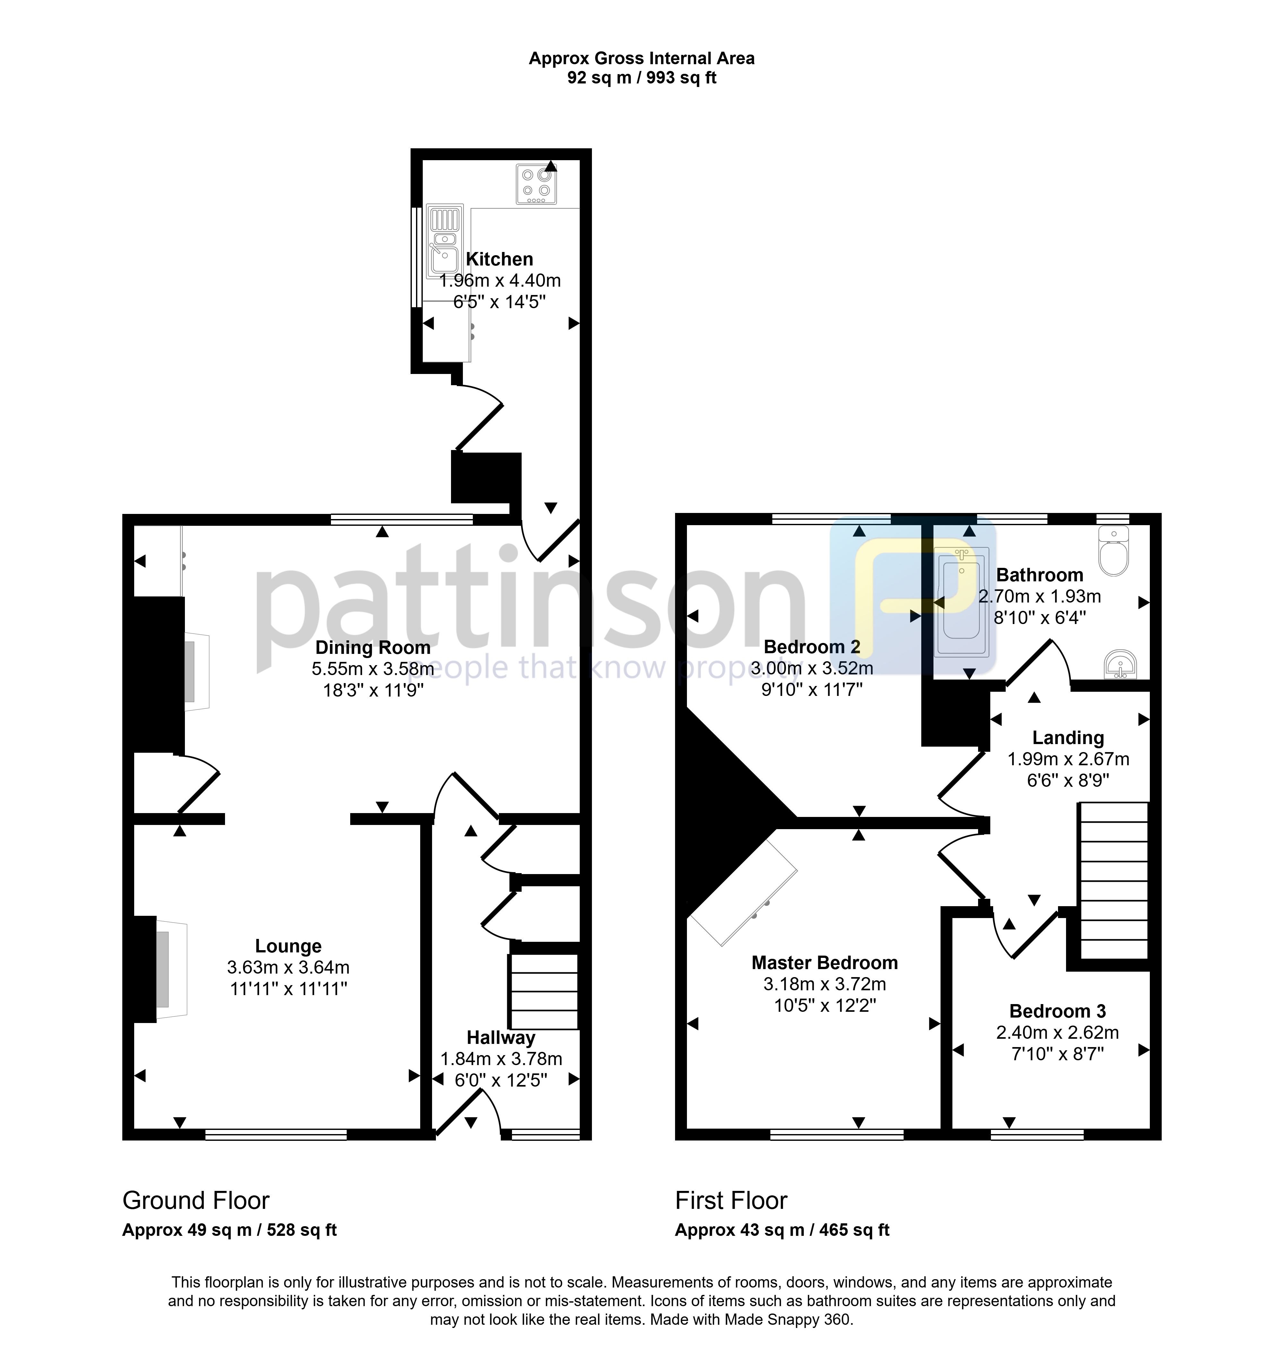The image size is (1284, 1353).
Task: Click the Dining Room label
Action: [x=372, y=647]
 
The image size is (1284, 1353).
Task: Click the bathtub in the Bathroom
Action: [x=962, y=602]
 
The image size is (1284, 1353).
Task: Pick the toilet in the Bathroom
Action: [x=1114, y=551]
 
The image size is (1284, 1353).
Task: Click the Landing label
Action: [x=1068, y=738]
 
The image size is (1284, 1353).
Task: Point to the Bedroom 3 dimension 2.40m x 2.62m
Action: [x=1057, y=1032]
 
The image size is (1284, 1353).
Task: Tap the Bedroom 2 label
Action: [x=812, y=647]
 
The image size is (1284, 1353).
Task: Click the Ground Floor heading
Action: [x=196, y=1201]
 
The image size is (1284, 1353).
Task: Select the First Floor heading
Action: [x=731, y=1201]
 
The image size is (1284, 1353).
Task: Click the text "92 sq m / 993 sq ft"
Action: [x=641, y=78]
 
